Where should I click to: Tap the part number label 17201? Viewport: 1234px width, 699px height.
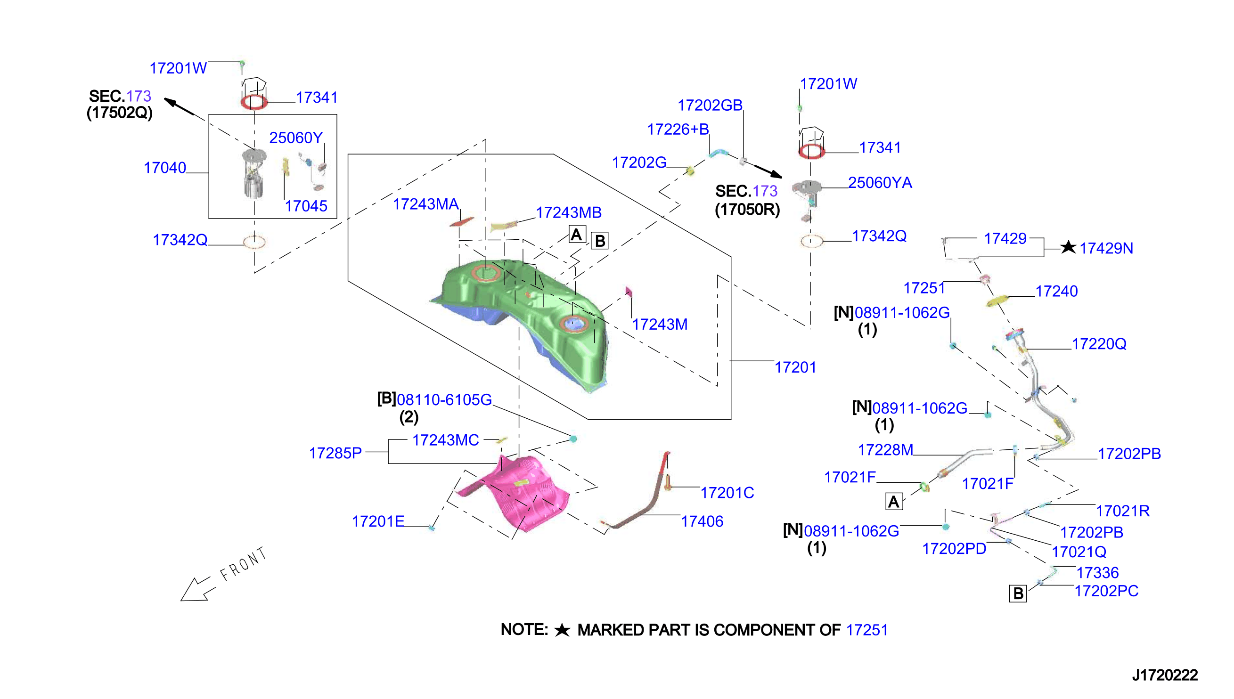(x=795, y=367)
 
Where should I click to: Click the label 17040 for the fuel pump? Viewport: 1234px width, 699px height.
(x=165, y=168)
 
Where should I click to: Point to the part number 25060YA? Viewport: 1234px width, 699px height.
(x=880, y=182)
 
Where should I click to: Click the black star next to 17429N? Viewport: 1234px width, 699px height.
(x=1068, y=247)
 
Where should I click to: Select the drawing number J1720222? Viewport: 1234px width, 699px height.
(x=1165, y=675)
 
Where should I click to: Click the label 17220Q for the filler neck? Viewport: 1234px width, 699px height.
(x=1099, y=344)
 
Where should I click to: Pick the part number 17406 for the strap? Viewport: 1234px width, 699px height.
(x=702, y=521)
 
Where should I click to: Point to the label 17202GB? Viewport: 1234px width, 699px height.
(x=710, y=105)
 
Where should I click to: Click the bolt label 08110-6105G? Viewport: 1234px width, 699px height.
(x=444, y=399)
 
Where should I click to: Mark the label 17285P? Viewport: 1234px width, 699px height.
(x=335, y=453)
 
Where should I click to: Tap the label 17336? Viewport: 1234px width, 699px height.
(x=1098, y=573)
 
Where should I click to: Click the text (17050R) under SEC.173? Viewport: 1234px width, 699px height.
(x=747, y=210)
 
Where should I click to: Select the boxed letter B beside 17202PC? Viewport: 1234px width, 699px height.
(x=1017, y=593)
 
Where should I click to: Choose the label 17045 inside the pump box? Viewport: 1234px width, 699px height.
(x=306, y=206)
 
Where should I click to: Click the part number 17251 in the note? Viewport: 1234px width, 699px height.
(x=867, y=630)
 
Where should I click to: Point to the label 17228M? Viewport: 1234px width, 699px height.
(x=885, y=450)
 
